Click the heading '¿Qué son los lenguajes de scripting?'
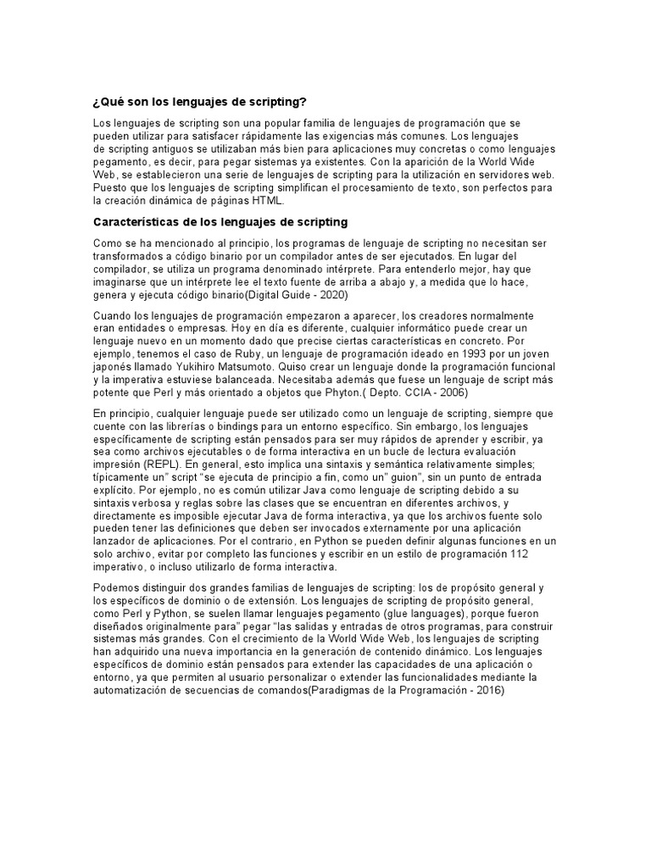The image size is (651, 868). (x=199, y=102)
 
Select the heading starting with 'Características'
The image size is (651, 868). (x=220, y=222)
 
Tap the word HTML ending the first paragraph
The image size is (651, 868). (x=270, y=202)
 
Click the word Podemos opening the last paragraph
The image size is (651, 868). (x=116, y=587)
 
